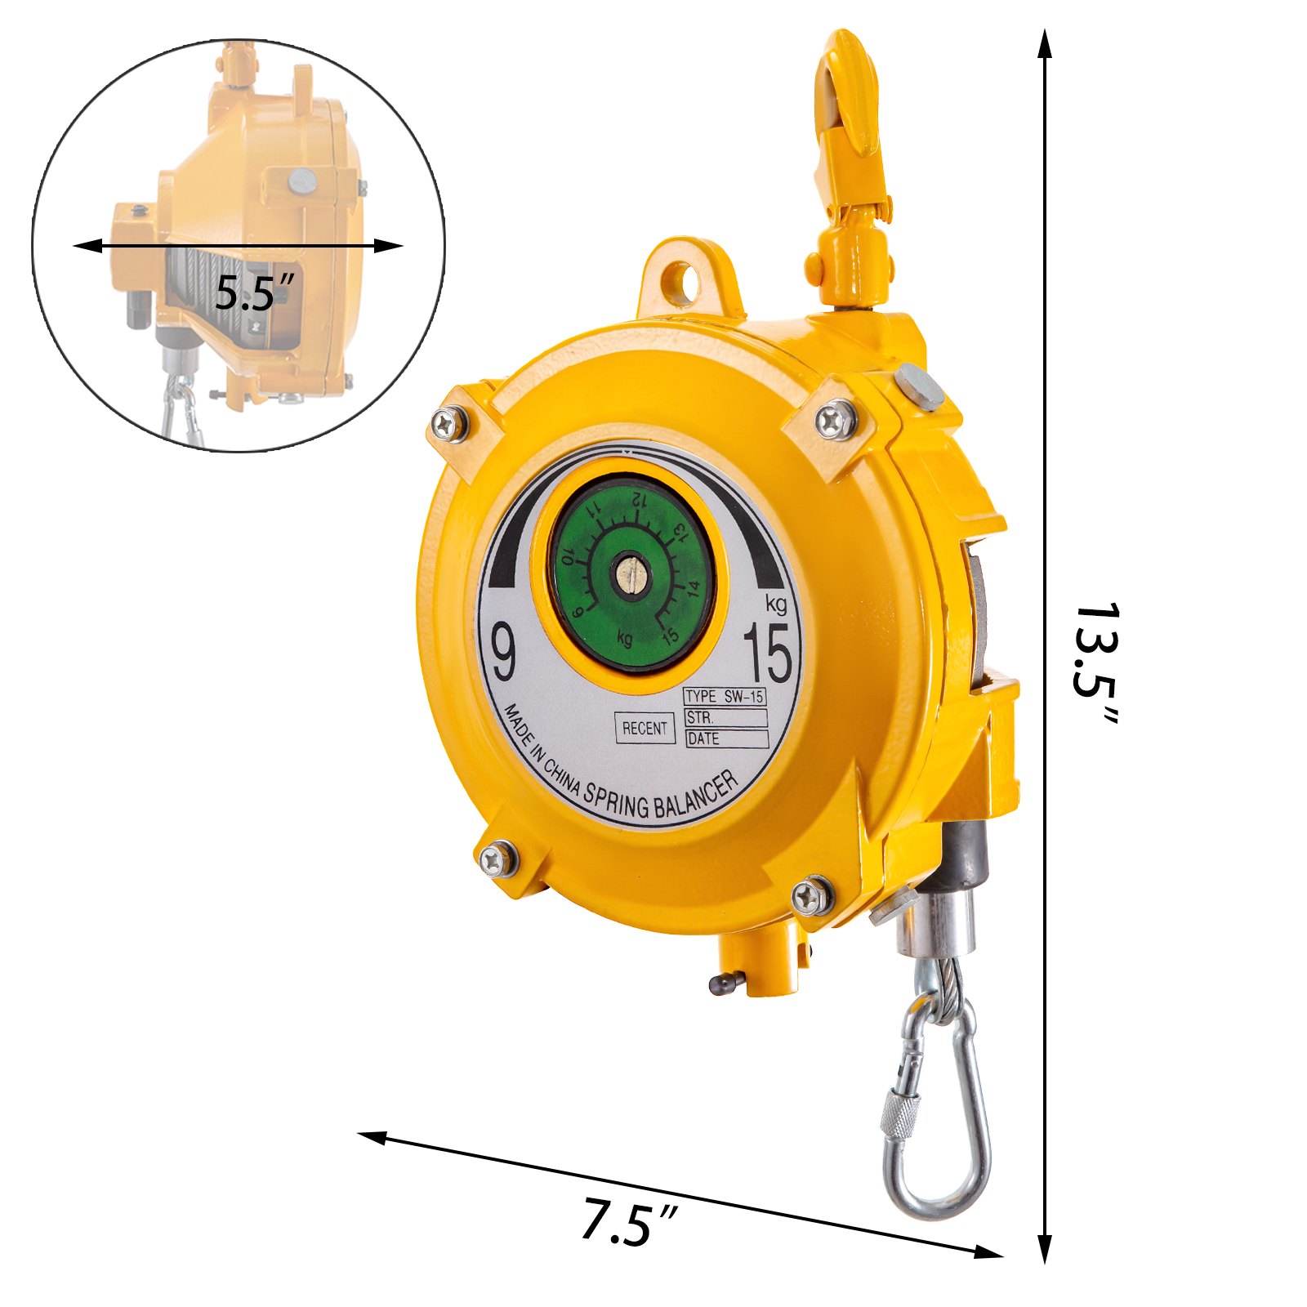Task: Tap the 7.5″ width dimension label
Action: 627,1222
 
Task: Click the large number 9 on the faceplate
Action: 504,651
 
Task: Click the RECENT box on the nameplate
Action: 645,728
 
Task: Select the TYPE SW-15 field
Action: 725,697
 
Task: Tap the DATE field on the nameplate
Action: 726,739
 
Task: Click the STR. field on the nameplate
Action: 725,718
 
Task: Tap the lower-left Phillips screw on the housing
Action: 497,859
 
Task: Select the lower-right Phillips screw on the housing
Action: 812,895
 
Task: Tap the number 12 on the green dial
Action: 640,498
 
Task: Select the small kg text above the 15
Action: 776,604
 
